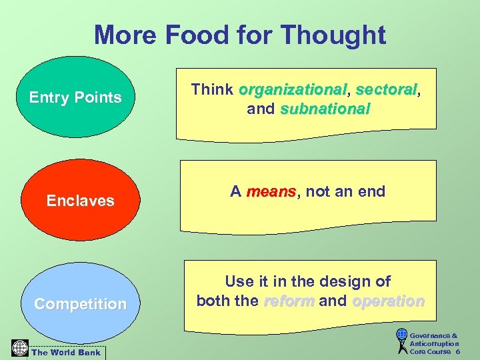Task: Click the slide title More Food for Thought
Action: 240,35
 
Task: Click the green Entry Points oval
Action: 75,97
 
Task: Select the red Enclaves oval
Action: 80,200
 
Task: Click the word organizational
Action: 293,89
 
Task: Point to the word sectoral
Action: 385,89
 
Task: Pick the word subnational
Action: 325,109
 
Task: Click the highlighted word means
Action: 271,192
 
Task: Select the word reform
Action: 289,301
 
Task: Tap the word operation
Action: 388,301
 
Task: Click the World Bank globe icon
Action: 19,347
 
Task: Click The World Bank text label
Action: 66,352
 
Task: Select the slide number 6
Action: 458,351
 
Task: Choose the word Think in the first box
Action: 212,89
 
